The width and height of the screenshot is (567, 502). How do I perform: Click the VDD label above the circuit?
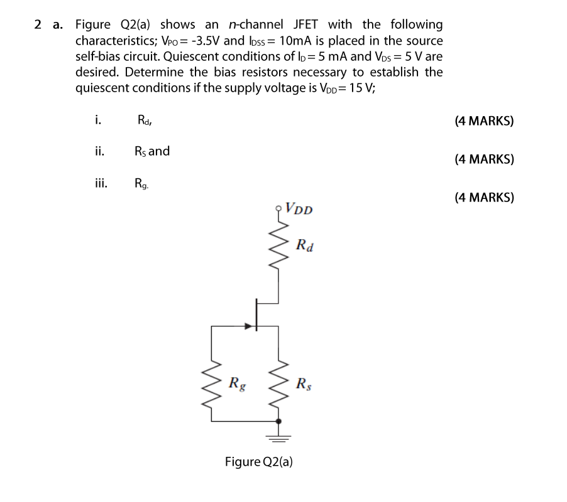(299, 208)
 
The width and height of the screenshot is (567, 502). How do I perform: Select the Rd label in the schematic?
(304, 244)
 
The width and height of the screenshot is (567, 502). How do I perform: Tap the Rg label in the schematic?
(237, 382)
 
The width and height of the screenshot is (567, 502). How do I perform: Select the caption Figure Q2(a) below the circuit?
(259, 462)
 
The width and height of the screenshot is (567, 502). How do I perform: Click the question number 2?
(38, 25)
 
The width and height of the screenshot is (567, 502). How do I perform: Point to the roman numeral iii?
(100, 184)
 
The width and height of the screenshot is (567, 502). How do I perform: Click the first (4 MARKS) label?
(483, 120)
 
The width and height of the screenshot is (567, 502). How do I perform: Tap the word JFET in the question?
(306, 25)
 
